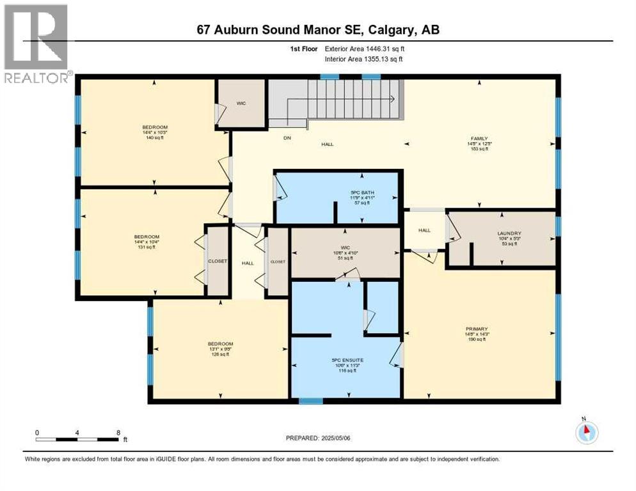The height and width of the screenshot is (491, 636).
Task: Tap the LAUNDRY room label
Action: point(511,233)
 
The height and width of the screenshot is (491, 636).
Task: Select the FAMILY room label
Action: point(480,139)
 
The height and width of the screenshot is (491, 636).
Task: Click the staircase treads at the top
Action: point(346,99)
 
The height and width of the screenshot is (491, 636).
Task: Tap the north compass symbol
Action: point(586,433)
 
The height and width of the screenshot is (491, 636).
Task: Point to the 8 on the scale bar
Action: point(118,432)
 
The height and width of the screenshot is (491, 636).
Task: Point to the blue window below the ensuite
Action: point(310,401)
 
